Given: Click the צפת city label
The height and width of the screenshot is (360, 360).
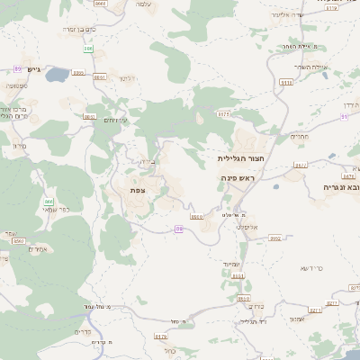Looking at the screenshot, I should click(138, 190).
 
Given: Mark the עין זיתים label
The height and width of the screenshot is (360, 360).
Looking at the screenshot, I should click(116, 120).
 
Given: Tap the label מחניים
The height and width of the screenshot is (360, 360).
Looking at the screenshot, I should click(300, 136).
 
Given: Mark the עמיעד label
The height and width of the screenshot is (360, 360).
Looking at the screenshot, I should click(233, 264).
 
